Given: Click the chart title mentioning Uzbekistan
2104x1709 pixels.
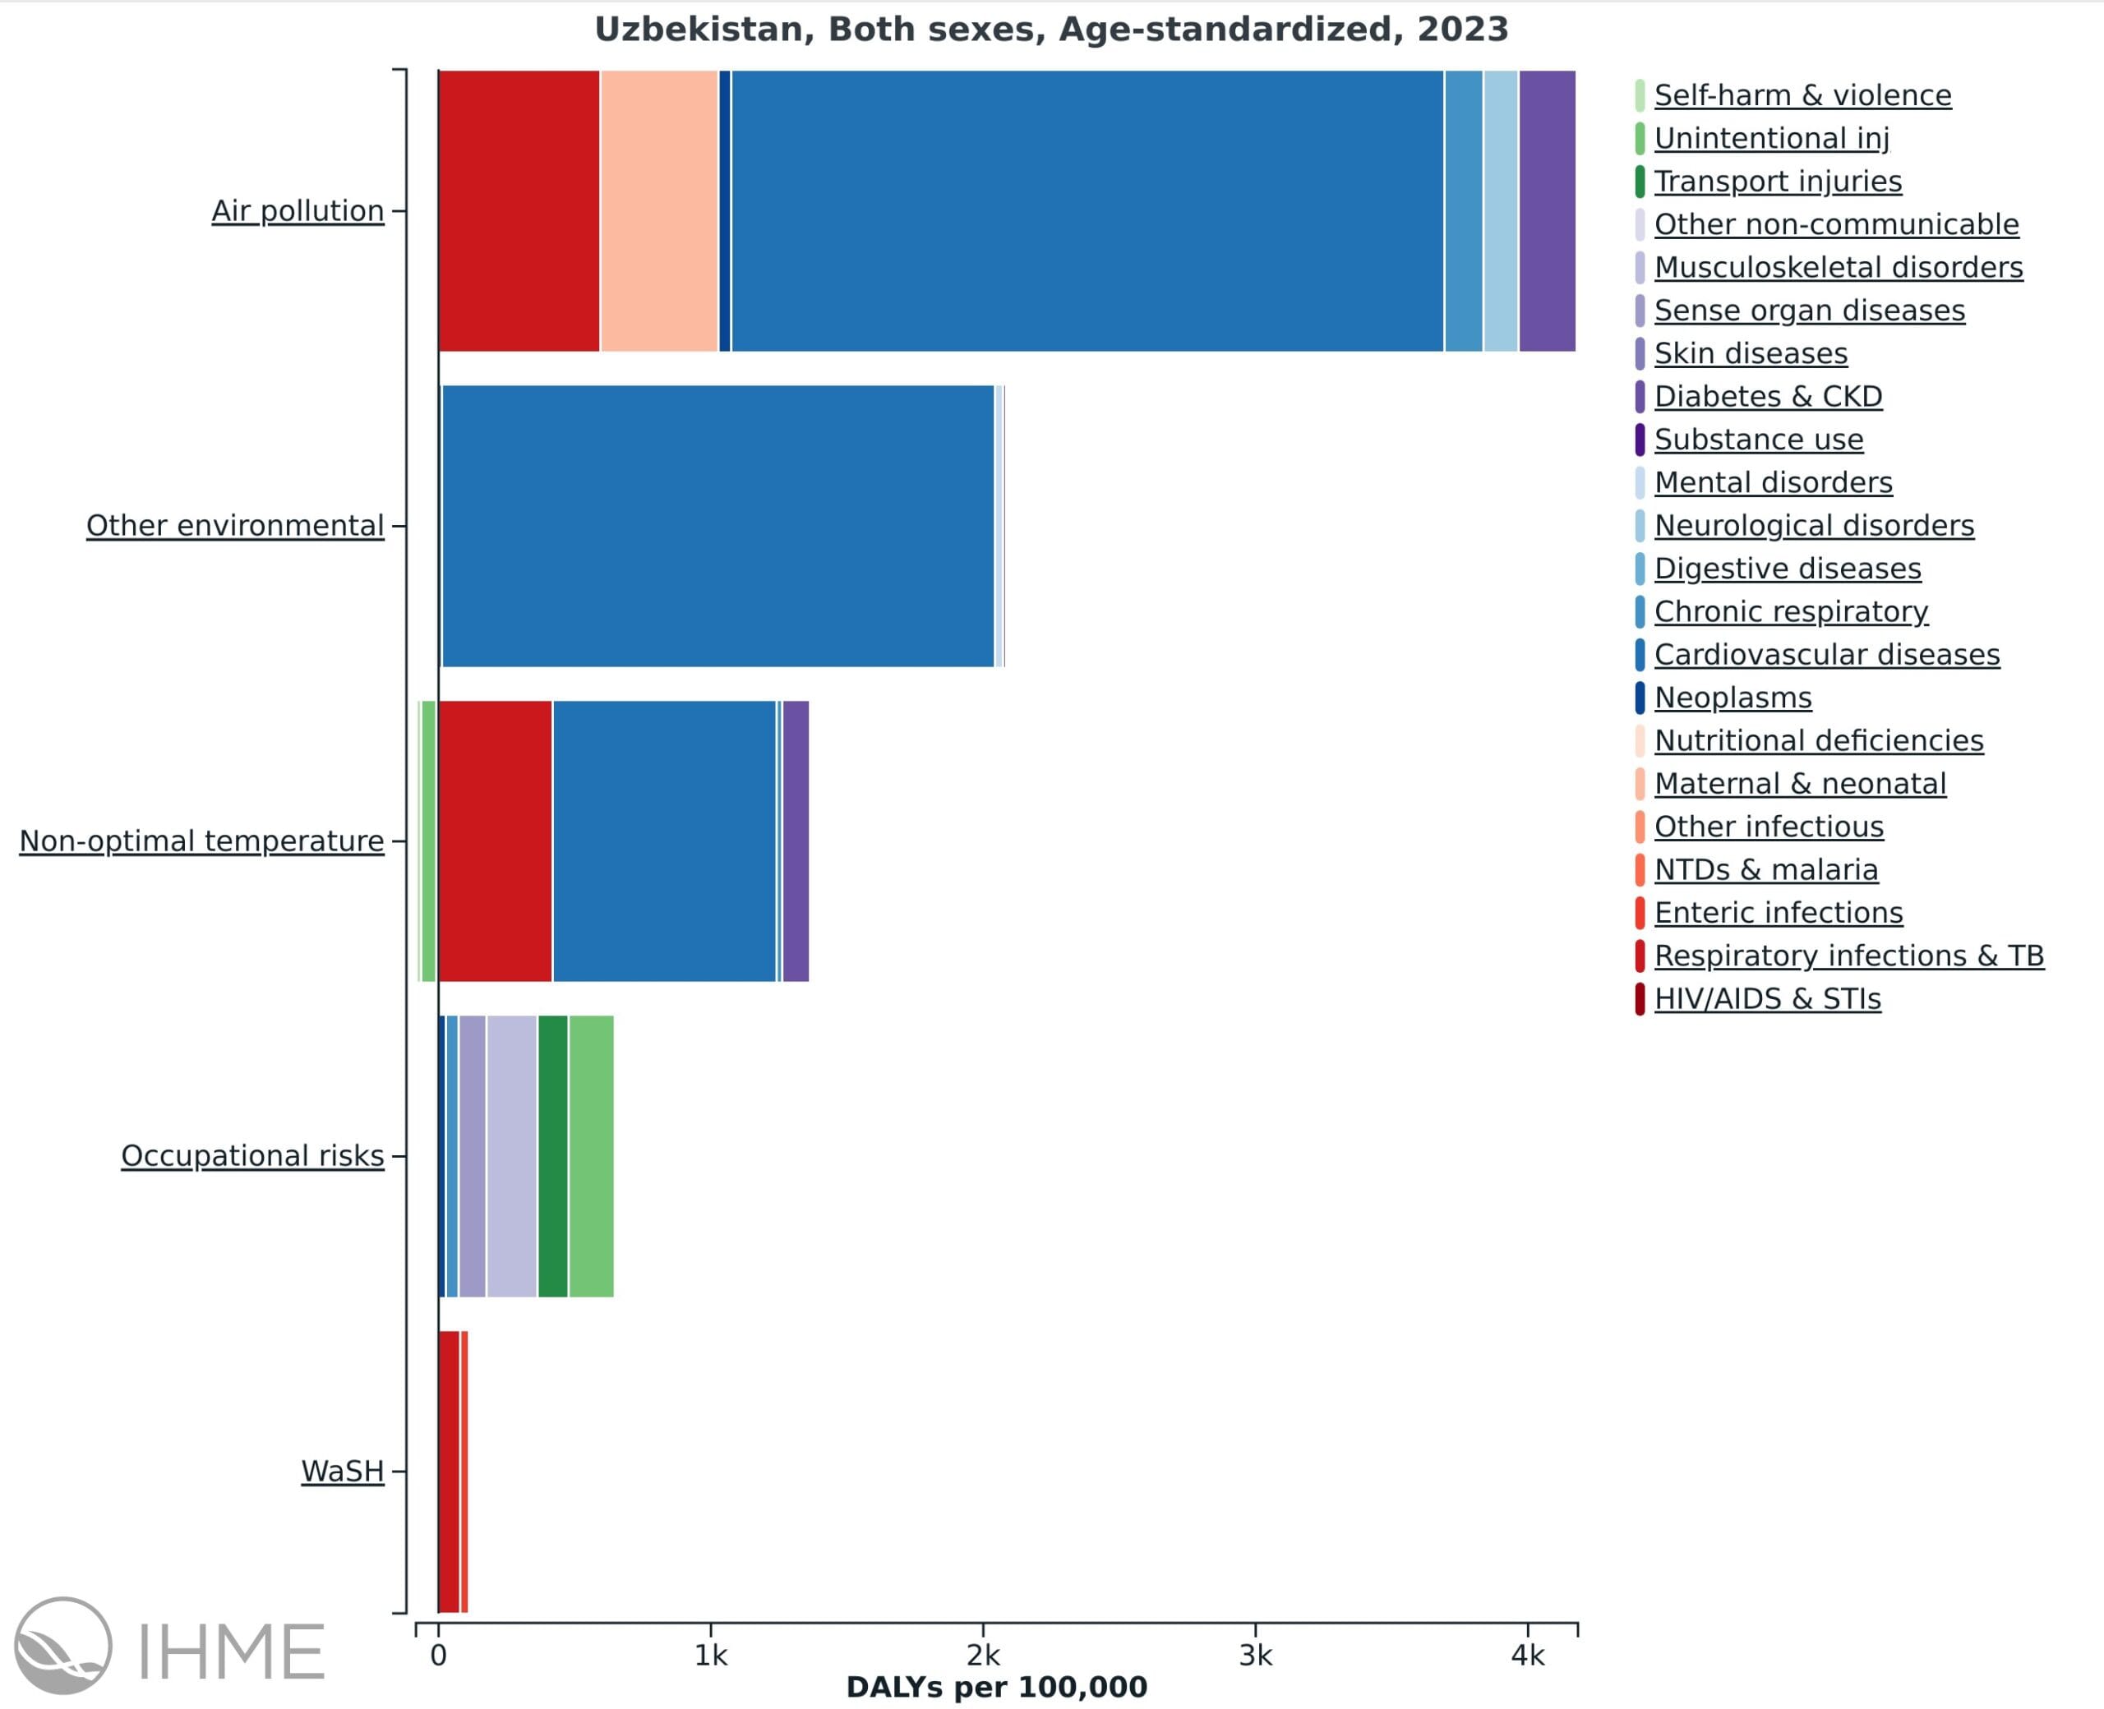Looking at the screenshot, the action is (1050, 30).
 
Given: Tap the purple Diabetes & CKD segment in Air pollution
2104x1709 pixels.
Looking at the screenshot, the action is (1547, 210).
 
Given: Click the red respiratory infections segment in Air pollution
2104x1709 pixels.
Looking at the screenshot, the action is (519, 210).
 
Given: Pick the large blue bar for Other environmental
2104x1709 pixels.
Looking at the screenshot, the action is (717, 526).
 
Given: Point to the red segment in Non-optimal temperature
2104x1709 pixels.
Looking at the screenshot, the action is (496, 841).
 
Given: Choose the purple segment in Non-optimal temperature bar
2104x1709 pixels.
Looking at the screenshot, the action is (796, 841).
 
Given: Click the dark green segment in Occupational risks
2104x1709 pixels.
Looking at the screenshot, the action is (552, 1156).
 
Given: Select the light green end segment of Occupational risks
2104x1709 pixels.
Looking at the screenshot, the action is (591, 1156).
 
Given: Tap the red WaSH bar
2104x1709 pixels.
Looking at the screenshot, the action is (449, 1472).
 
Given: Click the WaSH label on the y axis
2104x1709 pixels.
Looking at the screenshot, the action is (343, 1471).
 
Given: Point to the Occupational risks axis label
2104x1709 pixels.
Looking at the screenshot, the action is (252, 1156).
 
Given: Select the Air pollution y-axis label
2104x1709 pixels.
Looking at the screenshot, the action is (298, 210).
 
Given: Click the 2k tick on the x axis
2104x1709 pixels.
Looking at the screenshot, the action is (983, 1656).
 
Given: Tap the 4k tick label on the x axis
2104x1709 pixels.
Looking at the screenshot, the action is (1527, 1656).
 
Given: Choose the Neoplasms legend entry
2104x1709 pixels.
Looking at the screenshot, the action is (1733, 698).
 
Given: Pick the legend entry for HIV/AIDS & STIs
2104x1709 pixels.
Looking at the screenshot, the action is (1767, 999).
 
